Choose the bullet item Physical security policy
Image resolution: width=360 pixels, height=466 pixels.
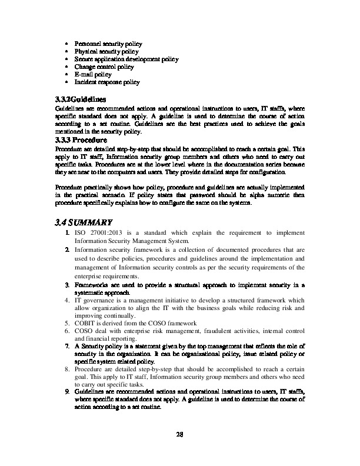tap(106, 52)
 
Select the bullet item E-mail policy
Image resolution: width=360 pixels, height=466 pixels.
tap(93, 75)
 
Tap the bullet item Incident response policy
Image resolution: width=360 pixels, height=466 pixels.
tap(107, 82)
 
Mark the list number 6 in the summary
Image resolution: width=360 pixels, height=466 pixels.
tap(67, 331)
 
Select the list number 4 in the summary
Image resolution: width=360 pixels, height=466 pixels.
tap(67, 300)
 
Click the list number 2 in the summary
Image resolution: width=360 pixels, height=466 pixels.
tap(67, 250)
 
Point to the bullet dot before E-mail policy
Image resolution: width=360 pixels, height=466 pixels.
tap(67, 75)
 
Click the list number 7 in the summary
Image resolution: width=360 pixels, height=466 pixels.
tap(67, 348)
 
